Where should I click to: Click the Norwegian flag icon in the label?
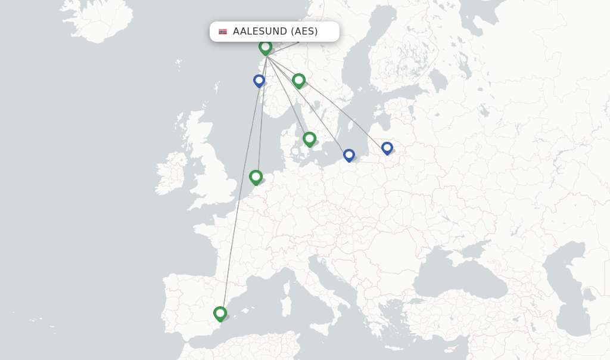tap(223, 32)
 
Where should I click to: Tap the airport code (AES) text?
tap(304, 32)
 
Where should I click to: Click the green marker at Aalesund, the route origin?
tap(265, 46)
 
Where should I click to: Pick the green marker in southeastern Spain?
tap(220, 313)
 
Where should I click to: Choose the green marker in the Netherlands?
tap(256, 176)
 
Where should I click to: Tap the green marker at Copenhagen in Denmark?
tap(309, 138)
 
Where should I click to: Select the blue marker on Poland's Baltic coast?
tap(349, 154)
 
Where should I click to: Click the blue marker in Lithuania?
tap(387, 147)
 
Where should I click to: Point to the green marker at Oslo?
tap(298, 79)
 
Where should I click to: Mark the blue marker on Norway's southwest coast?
tap(259, 80)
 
